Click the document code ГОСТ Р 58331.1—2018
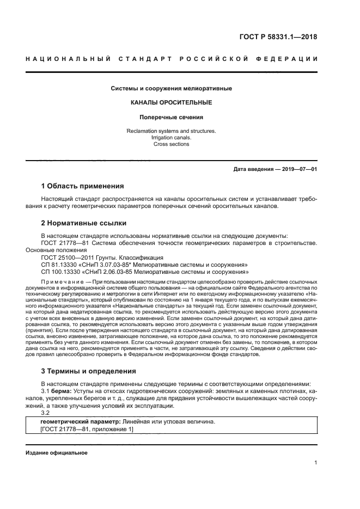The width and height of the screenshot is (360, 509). point(278,37)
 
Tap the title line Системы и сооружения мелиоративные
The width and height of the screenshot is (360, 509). point(172,88)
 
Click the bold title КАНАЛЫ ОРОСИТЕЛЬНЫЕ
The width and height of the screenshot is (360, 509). point(172,102)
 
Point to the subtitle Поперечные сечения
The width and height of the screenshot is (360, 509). point(172,116)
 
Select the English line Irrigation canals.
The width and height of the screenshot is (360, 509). point(172,138)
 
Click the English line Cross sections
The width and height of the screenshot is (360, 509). point(172,145)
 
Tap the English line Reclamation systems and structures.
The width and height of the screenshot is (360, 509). point(172,131)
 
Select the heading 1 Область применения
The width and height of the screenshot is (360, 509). point(83,186)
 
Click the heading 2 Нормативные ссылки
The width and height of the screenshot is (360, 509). point(84,223)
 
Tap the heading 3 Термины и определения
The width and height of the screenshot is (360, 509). point(89,371)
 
